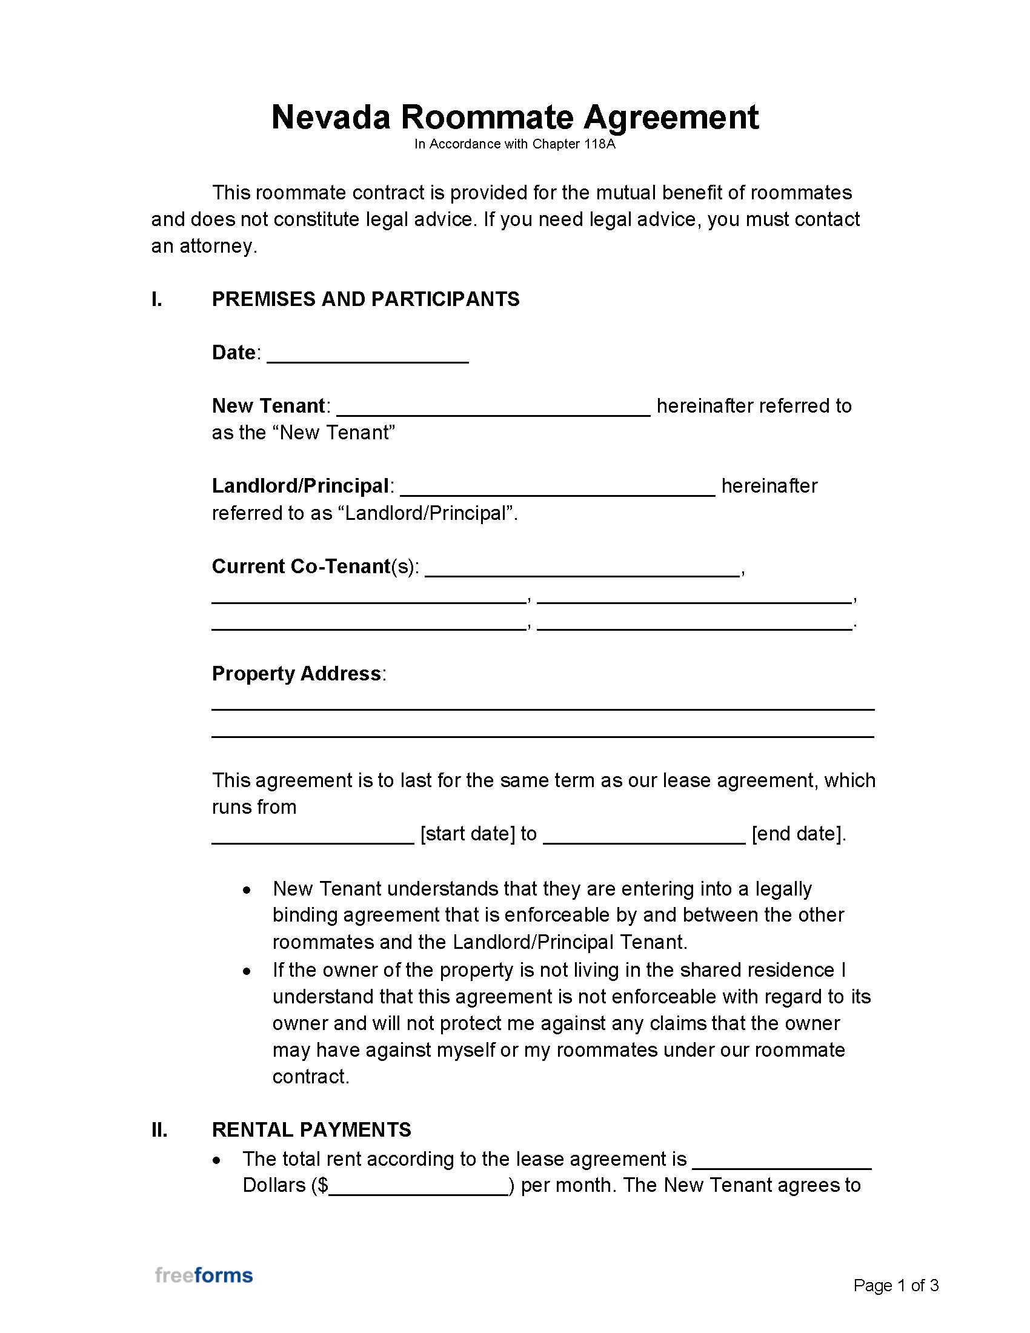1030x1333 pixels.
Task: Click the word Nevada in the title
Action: (x=330, y=117)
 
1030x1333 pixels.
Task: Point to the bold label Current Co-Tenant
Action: (x=301, y=567)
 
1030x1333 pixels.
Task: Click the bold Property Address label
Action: (x=296, y=673)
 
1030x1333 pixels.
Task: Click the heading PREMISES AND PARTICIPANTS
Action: (x=365, y=299)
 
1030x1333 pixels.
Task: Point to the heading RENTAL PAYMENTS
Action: (x=311, y=1130)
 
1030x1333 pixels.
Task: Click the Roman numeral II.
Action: (x=159, y=1130)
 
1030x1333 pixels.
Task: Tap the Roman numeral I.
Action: (x=156, y=299)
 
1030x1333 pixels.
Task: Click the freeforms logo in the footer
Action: (x=204, y=1275)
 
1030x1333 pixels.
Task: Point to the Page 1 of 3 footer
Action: (x=895, y=1285)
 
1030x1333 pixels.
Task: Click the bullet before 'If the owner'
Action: (x=247, y=971)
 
